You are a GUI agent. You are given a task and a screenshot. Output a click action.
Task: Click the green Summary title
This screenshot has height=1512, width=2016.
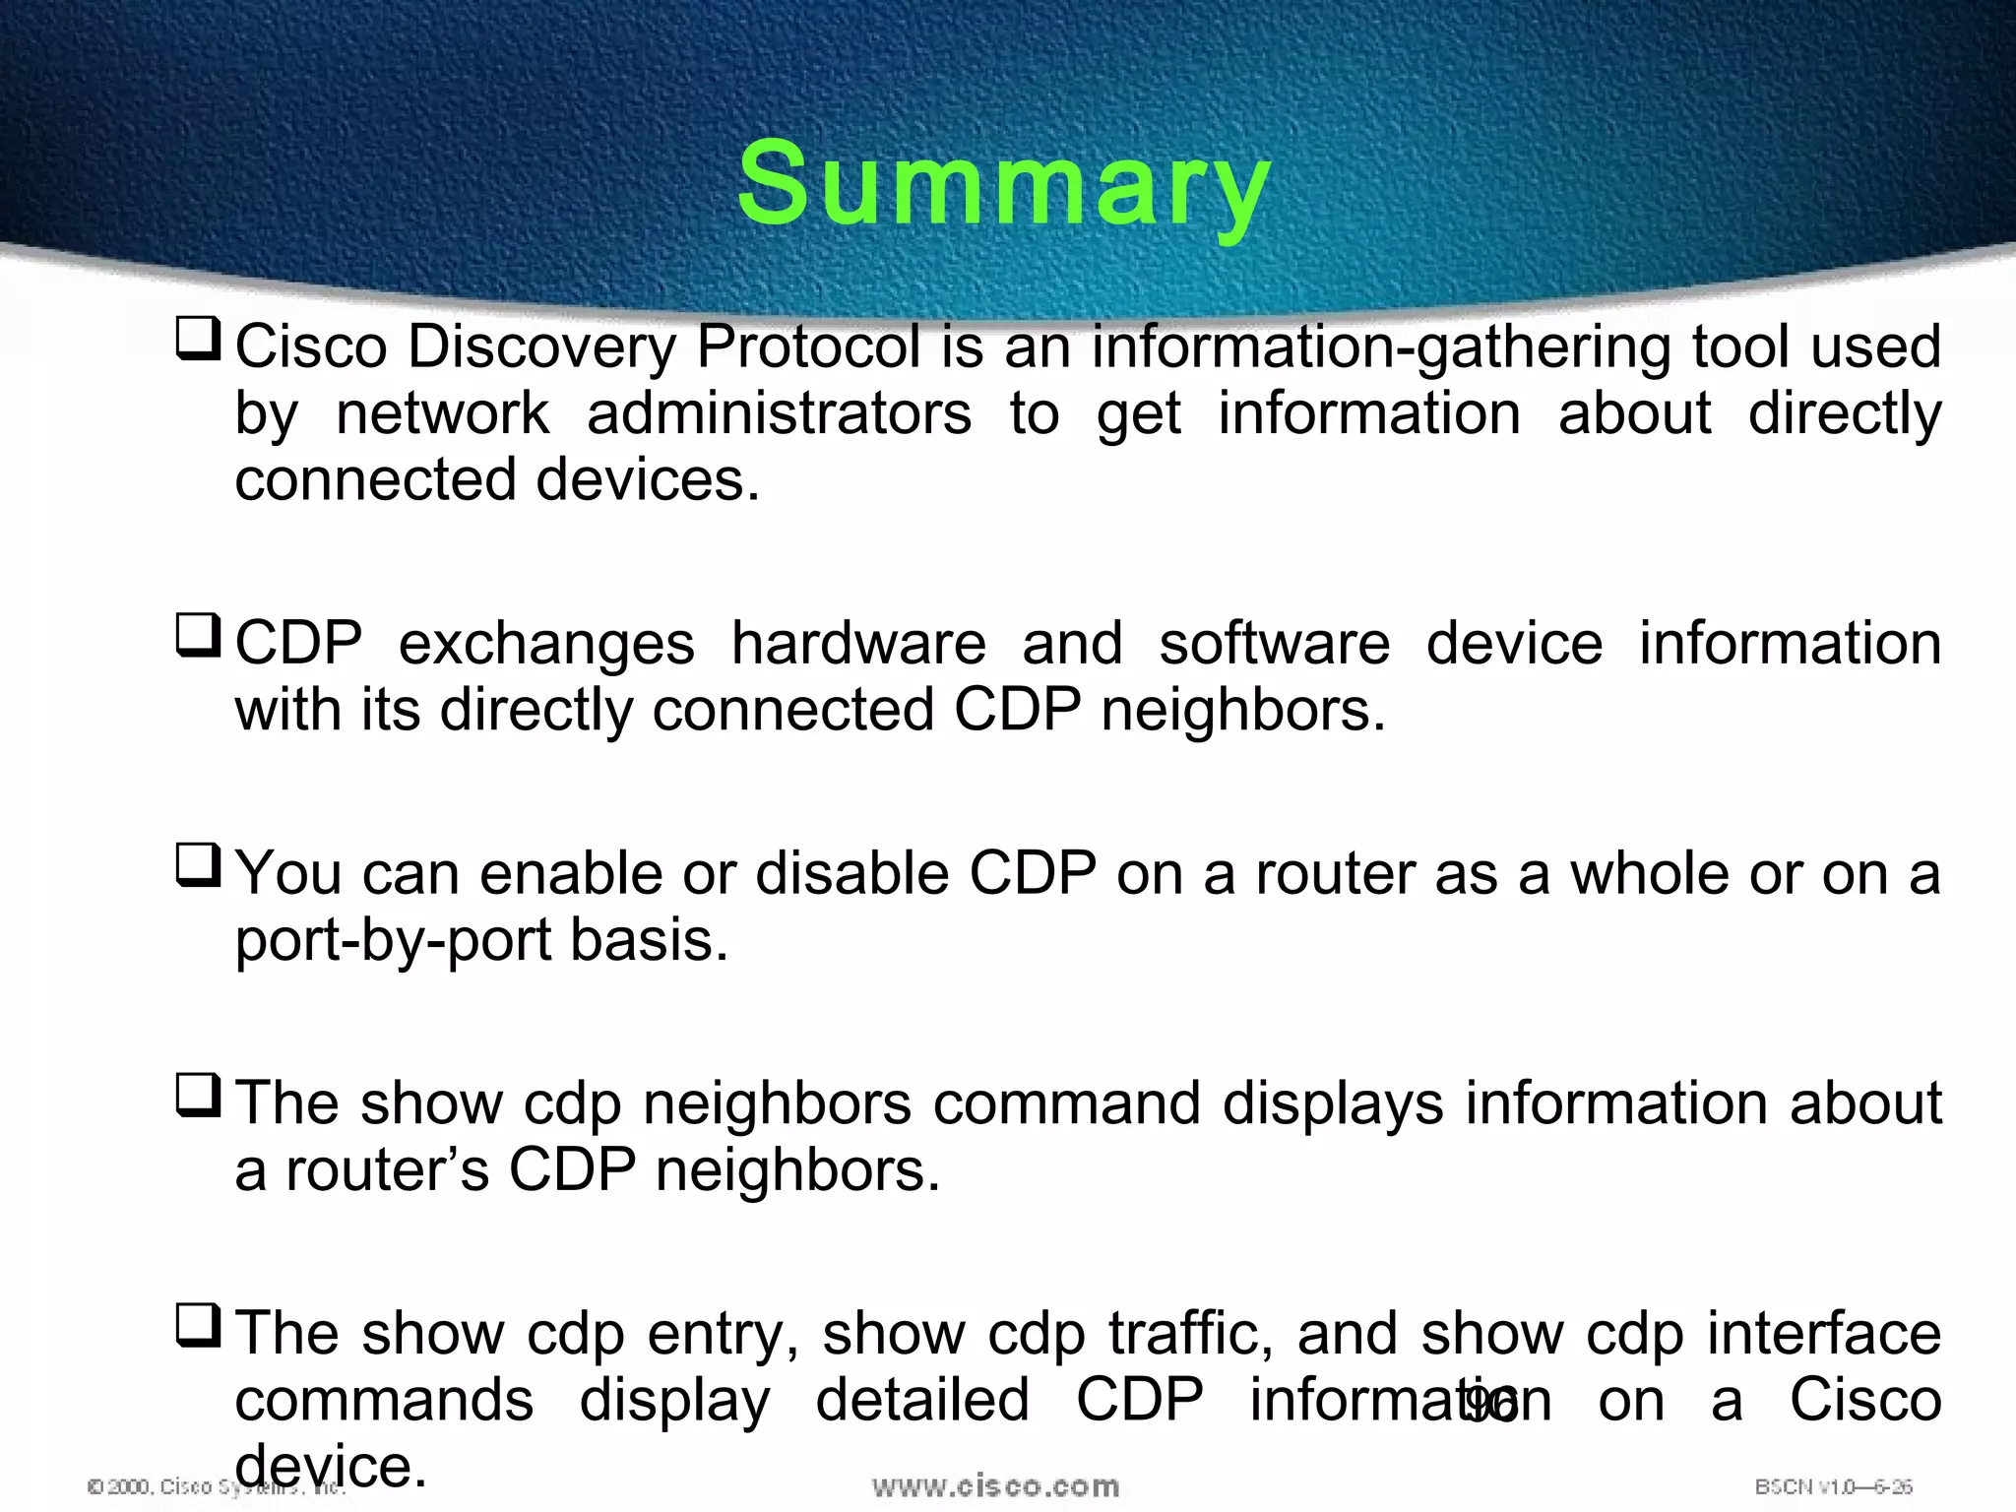coord(1004,185)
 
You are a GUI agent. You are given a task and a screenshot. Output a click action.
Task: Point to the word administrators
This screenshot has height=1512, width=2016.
coord(779,412)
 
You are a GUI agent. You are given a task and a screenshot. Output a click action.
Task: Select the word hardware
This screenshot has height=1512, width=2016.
coord(858,644)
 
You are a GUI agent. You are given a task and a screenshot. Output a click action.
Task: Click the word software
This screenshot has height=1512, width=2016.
coord(1274,644)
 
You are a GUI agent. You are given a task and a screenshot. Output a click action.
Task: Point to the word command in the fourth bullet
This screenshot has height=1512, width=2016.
coord(1066,1102)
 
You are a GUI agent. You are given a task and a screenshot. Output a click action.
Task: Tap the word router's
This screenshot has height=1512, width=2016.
coord(387,1169)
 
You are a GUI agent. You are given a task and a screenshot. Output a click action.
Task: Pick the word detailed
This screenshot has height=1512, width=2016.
coord(922,1400)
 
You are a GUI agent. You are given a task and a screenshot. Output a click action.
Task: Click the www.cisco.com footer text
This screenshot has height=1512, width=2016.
coord(995,1486)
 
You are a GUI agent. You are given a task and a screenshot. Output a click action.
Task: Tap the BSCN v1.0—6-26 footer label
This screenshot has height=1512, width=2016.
coord(1833,1486)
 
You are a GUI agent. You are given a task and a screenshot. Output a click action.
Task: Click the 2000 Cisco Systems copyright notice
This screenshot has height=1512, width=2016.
coord(157,1486)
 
